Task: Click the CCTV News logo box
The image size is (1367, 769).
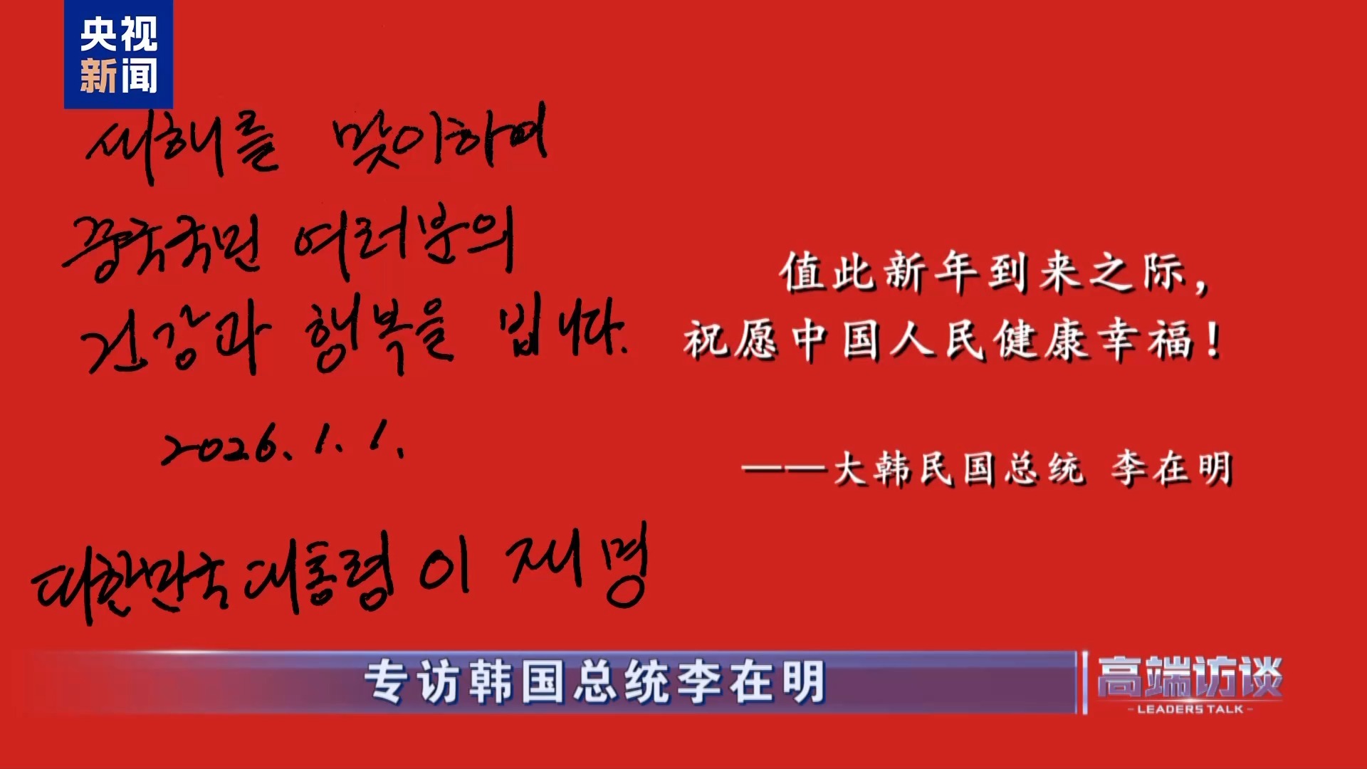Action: [x=118, y=55]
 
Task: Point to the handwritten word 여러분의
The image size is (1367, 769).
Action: [x=403, y=242]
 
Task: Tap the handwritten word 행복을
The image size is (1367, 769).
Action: [x=378, y=335]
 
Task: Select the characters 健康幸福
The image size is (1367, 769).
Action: [x=1093, y=340]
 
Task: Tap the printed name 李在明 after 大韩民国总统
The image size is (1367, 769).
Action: [x=1172, y=469]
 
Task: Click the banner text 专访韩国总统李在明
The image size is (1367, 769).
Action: [x=595, y=682]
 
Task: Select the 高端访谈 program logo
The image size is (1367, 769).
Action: [x=1189, y=676]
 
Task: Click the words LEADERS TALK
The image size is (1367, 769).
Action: [x=1190, y=709]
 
